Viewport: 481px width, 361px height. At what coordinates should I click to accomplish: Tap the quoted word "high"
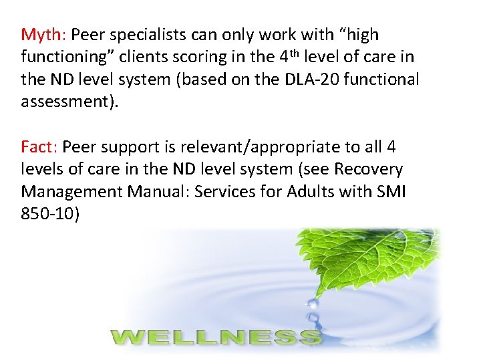[355, 34]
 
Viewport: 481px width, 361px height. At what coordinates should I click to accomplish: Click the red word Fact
[39, 146]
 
